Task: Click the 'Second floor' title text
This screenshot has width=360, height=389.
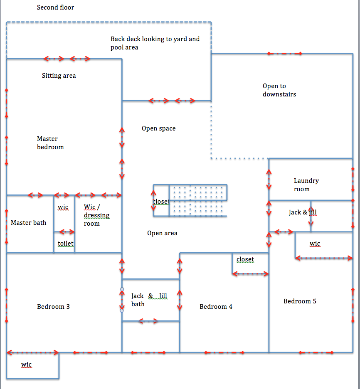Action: tap(55, 7)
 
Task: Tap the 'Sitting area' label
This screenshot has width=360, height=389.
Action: tap(59, 76)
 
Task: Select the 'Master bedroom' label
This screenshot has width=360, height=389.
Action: tap(50, 143)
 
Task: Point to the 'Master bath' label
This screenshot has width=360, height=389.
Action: tap(29, 222)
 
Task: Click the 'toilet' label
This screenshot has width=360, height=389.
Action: tap(66, 244)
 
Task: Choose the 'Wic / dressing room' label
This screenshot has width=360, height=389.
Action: tap(96, 215)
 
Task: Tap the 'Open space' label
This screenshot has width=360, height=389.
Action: tap(158, 128)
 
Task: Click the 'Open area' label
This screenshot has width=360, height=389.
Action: tap(162, 233)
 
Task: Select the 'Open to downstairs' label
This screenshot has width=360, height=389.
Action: tap(279, 90)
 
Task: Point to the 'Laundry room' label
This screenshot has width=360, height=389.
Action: tap(306, 185)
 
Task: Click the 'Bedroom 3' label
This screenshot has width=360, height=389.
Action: tap(53, 307)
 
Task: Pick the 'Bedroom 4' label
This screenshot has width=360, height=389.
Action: tap(216, 307)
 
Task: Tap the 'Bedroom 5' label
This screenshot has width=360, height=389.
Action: tap(300, 301)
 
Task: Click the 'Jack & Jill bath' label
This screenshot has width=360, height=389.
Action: tap(149, 300)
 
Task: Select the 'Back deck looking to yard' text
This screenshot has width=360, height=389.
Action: tap(155, 39)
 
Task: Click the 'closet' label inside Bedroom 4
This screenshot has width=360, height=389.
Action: tap(245, 259)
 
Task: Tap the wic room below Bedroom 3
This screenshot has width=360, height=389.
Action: tap(33, 366)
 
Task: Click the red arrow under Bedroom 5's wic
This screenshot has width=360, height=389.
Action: tap(324, 258)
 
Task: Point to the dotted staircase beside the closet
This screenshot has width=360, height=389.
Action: tap(198, 200)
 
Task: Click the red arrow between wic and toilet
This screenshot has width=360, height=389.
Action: tap(67, 232)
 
